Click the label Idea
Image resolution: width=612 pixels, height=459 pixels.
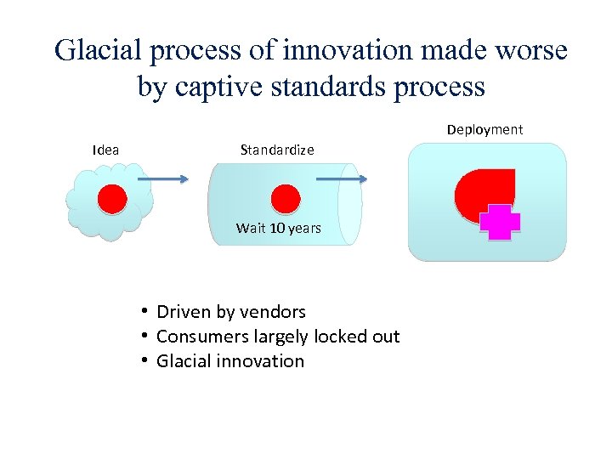105,150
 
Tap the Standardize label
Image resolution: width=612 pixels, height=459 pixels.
277,150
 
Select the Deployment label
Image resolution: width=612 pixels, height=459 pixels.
484,129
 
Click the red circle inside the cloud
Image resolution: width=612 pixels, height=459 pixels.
111,200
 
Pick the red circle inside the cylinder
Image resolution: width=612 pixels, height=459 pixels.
285,200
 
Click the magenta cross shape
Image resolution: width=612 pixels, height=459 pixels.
500,223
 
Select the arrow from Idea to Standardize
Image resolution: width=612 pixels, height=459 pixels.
162,178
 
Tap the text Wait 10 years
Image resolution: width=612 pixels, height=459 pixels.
279,228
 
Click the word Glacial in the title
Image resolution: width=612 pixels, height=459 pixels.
99,51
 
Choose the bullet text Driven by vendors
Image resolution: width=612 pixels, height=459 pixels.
231,312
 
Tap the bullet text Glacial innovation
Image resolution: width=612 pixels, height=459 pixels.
230,361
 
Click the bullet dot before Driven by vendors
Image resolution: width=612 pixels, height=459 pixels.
146,311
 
